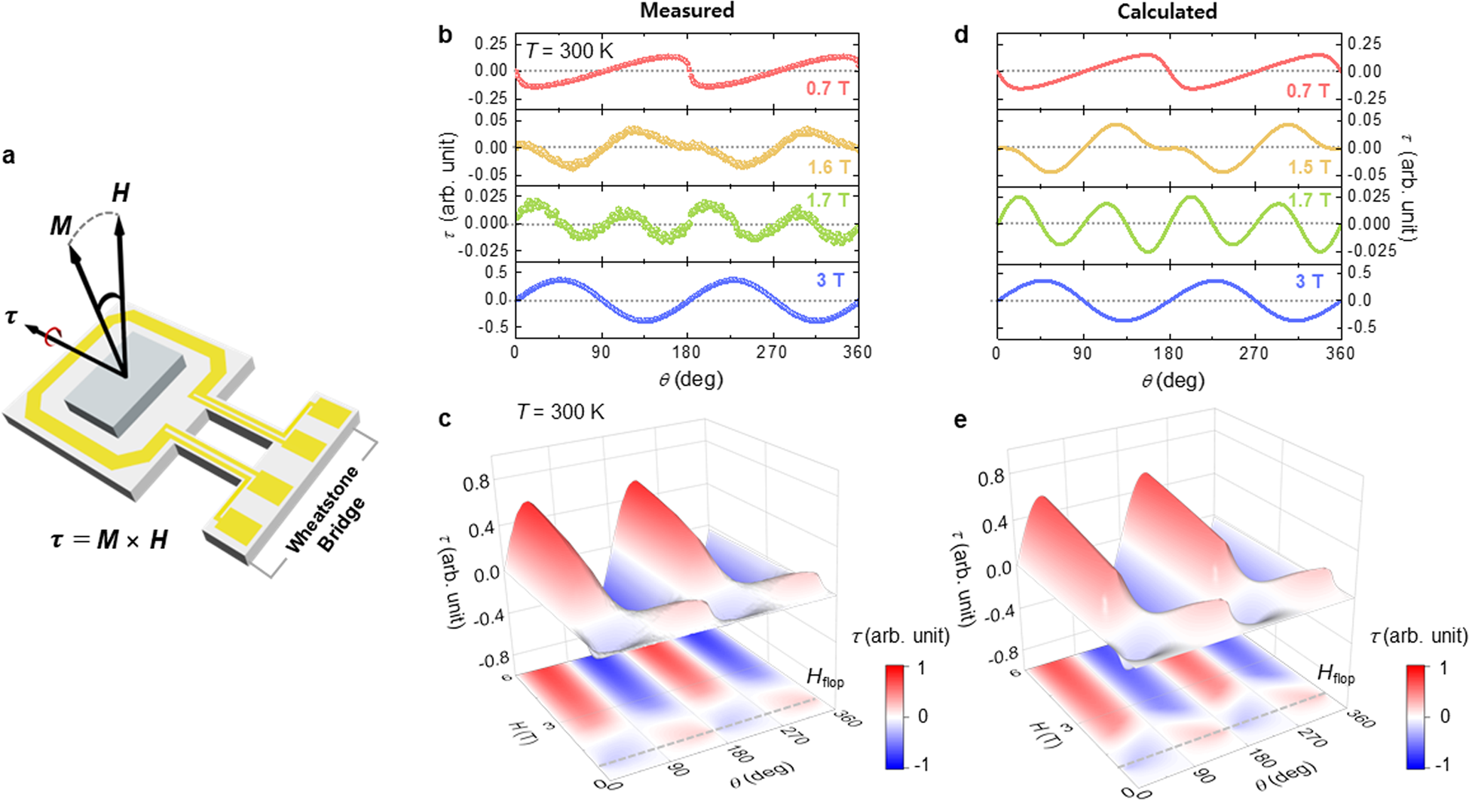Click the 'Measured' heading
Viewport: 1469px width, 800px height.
(x=687, y=11)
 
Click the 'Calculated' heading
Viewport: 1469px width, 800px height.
(x=1167, y=11)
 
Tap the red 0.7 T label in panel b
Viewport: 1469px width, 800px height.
(x=828, y=89)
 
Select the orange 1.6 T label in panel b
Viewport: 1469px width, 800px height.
(x=829, y=167)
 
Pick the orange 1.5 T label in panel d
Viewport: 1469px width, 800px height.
(x=1309, y=167)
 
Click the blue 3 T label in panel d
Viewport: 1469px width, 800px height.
(x=1309, y=281)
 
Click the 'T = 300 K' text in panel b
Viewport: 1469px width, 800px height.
(x=570, y=51)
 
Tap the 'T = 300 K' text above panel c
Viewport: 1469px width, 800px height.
(x=560, y=412)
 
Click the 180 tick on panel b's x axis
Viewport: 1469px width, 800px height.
(x=686, y=353)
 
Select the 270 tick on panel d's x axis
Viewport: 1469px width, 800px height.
(x=1254, y=353)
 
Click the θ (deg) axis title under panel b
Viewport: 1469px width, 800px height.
(x=690, y=379)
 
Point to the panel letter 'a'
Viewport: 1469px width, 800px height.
(x=9, y=156)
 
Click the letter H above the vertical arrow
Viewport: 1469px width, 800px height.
(x=121, y=194)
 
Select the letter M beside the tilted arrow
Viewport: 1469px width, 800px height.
(x=60, y=225)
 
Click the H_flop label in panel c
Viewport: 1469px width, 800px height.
(x=825, y=676)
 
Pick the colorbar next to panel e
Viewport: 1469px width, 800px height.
(x=1417, y=716)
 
